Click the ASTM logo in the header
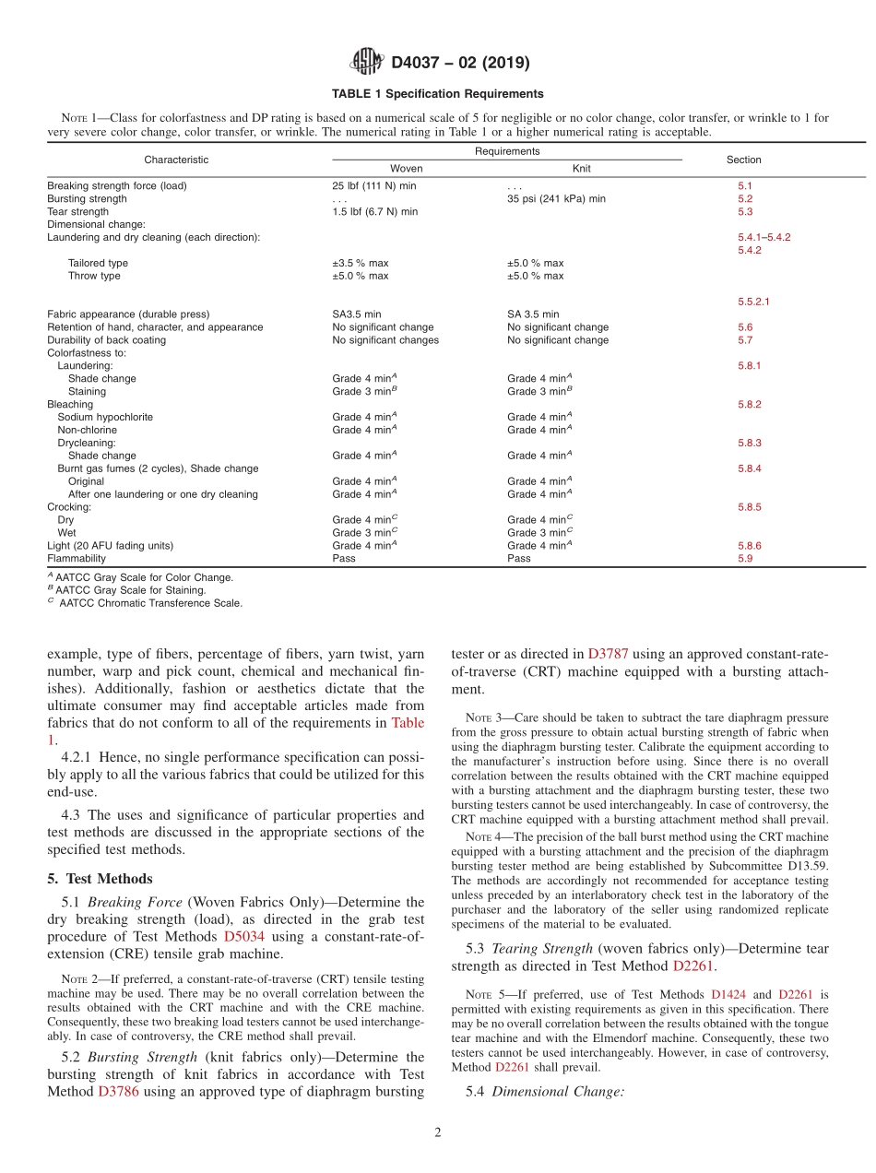point(368,63)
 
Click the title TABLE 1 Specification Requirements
point(438,94)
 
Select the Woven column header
point(407,169)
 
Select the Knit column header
point(581,169)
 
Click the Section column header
point(743,160)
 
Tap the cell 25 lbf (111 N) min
point(374,185)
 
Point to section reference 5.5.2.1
point(753,302)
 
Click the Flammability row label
point(77,558)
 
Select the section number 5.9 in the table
point(745,558)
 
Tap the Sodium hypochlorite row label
point(105,417)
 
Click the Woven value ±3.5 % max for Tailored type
point(361,263)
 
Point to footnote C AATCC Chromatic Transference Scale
point(145,603)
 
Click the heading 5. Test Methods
point(101,879)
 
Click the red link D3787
point(608,654)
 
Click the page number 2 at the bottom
point(438,1133)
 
